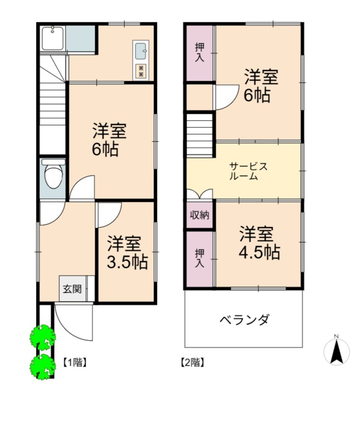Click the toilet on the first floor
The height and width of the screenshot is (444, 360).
53,174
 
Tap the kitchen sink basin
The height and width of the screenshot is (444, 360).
140,51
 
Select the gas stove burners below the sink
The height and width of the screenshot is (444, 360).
141,71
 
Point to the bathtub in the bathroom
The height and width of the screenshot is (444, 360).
53,38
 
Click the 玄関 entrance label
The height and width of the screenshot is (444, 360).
72,289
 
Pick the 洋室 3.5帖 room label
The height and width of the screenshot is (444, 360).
127,252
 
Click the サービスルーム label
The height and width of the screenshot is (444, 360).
248,171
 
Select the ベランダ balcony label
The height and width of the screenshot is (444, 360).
244,320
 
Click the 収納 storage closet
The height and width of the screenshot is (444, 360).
200,215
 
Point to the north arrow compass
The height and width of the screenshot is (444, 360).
337,351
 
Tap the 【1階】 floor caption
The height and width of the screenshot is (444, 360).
74,362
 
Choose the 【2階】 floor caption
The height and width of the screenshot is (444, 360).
192,362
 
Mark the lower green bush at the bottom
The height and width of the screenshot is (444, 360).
43,367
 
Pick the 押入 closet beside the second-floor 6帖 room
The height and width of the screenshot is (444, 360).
200,53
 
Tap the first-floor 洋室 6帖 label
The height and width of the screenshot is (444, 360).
109,140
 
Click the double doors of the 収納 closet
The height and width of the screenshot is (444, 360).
200,195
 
